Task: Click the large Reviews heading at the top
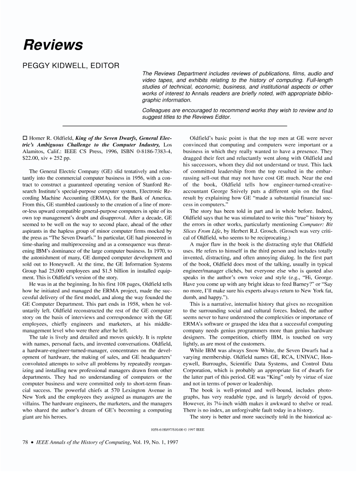(x=53, y=45)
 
